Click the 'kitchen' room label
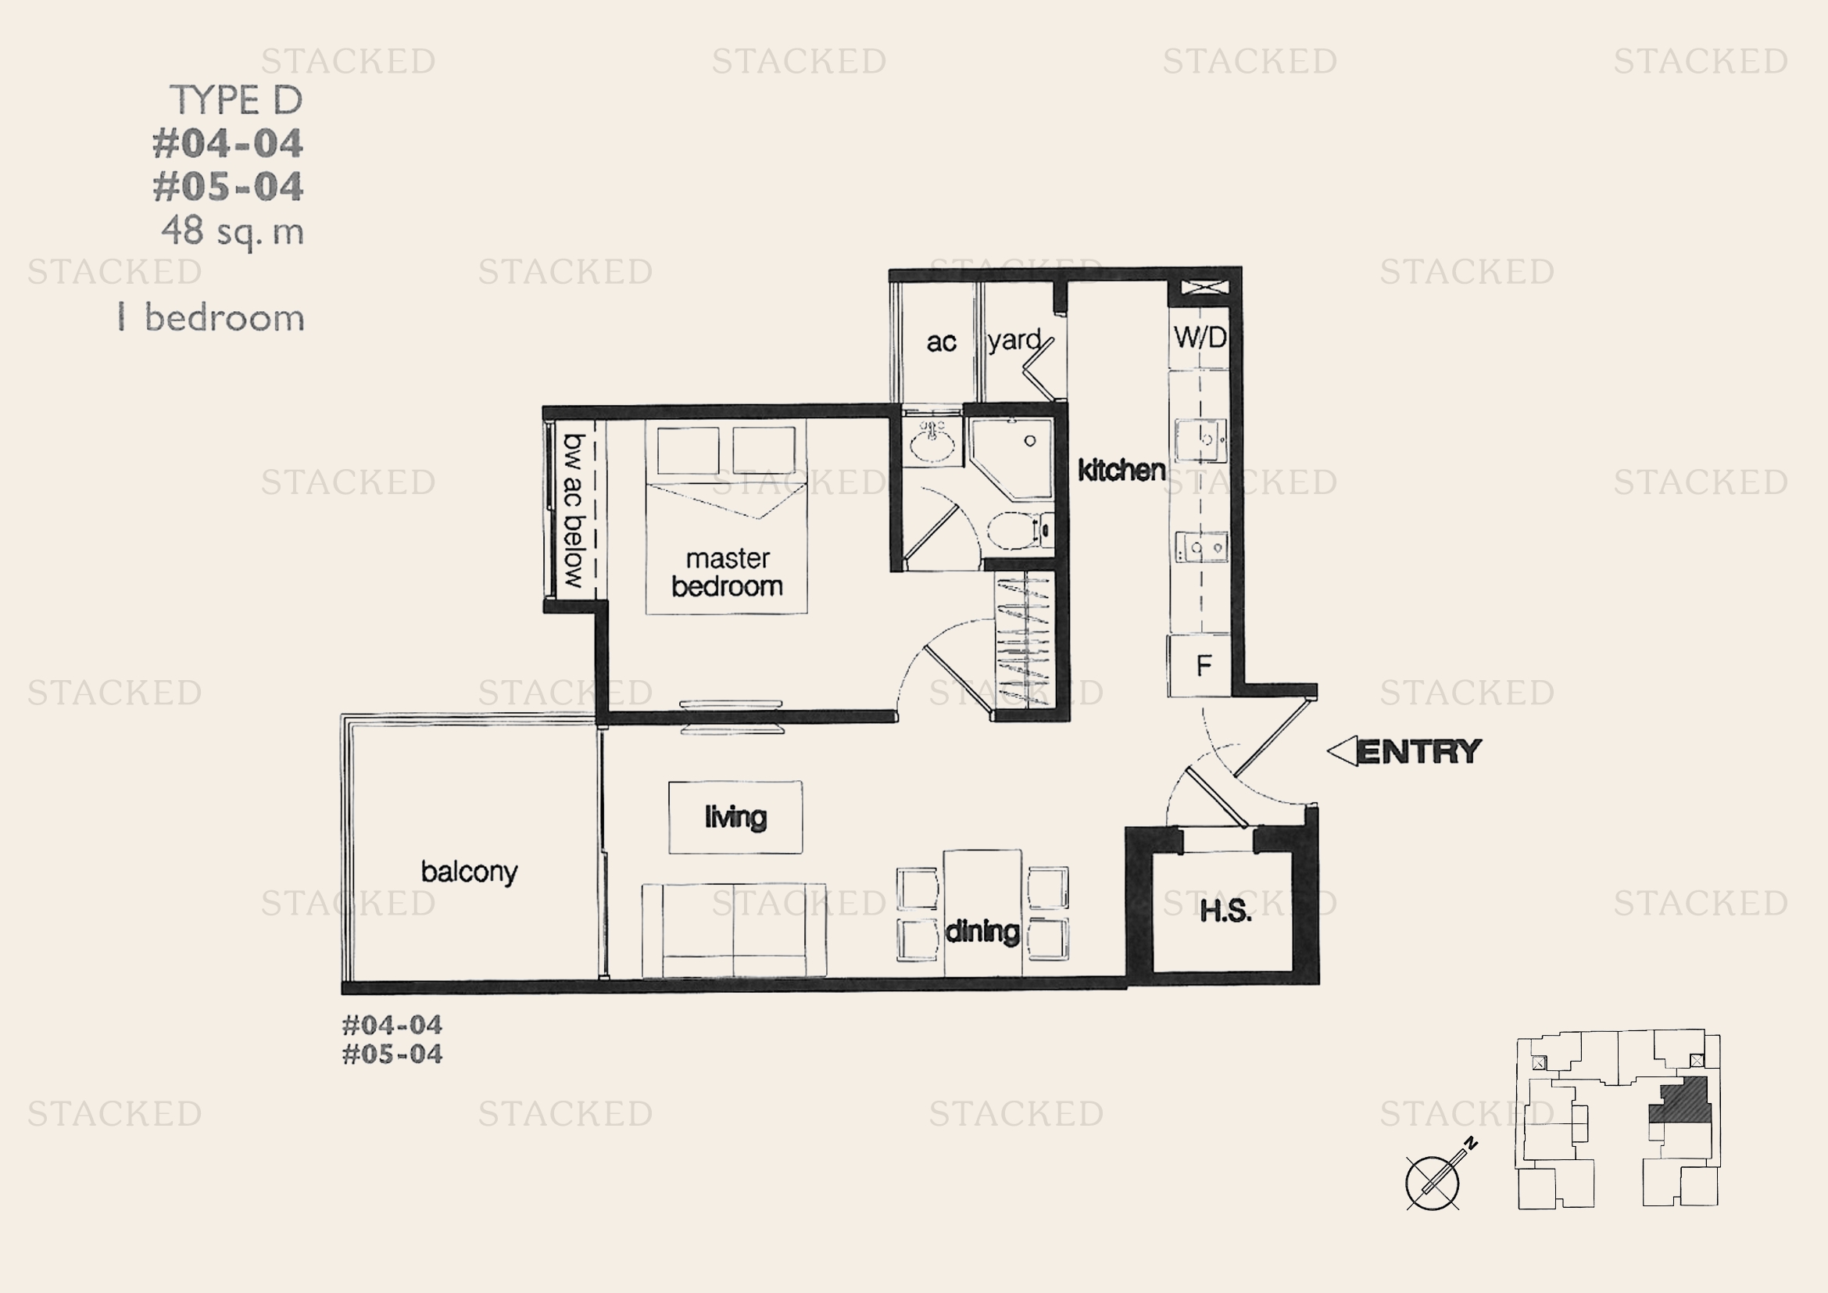coord(1121,470)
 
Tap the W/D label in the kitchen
coord(1200,337)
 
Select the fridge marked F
coord(1200,664)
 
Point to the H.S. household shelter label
coord(1225,911)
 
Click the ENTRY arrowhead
coord(1343,750)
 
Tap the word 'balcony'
coord(469,872)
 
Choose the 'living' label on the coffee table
coord(735,817)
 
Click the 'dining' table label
coord(982,931)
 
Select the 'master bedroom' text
coord(727,571)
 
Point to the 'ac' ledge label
coord(941,342)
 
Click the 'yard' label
coord(1014,341)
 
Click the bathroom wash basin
coord(932,442)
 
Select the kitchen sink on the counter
coord(1200,439)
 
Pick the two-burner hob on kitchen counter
coord(1201,547)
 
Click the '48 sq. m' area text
coord(232,231)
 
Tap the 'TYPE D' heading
coord(236,100)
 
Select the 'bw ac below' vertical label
coord(573,510)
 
